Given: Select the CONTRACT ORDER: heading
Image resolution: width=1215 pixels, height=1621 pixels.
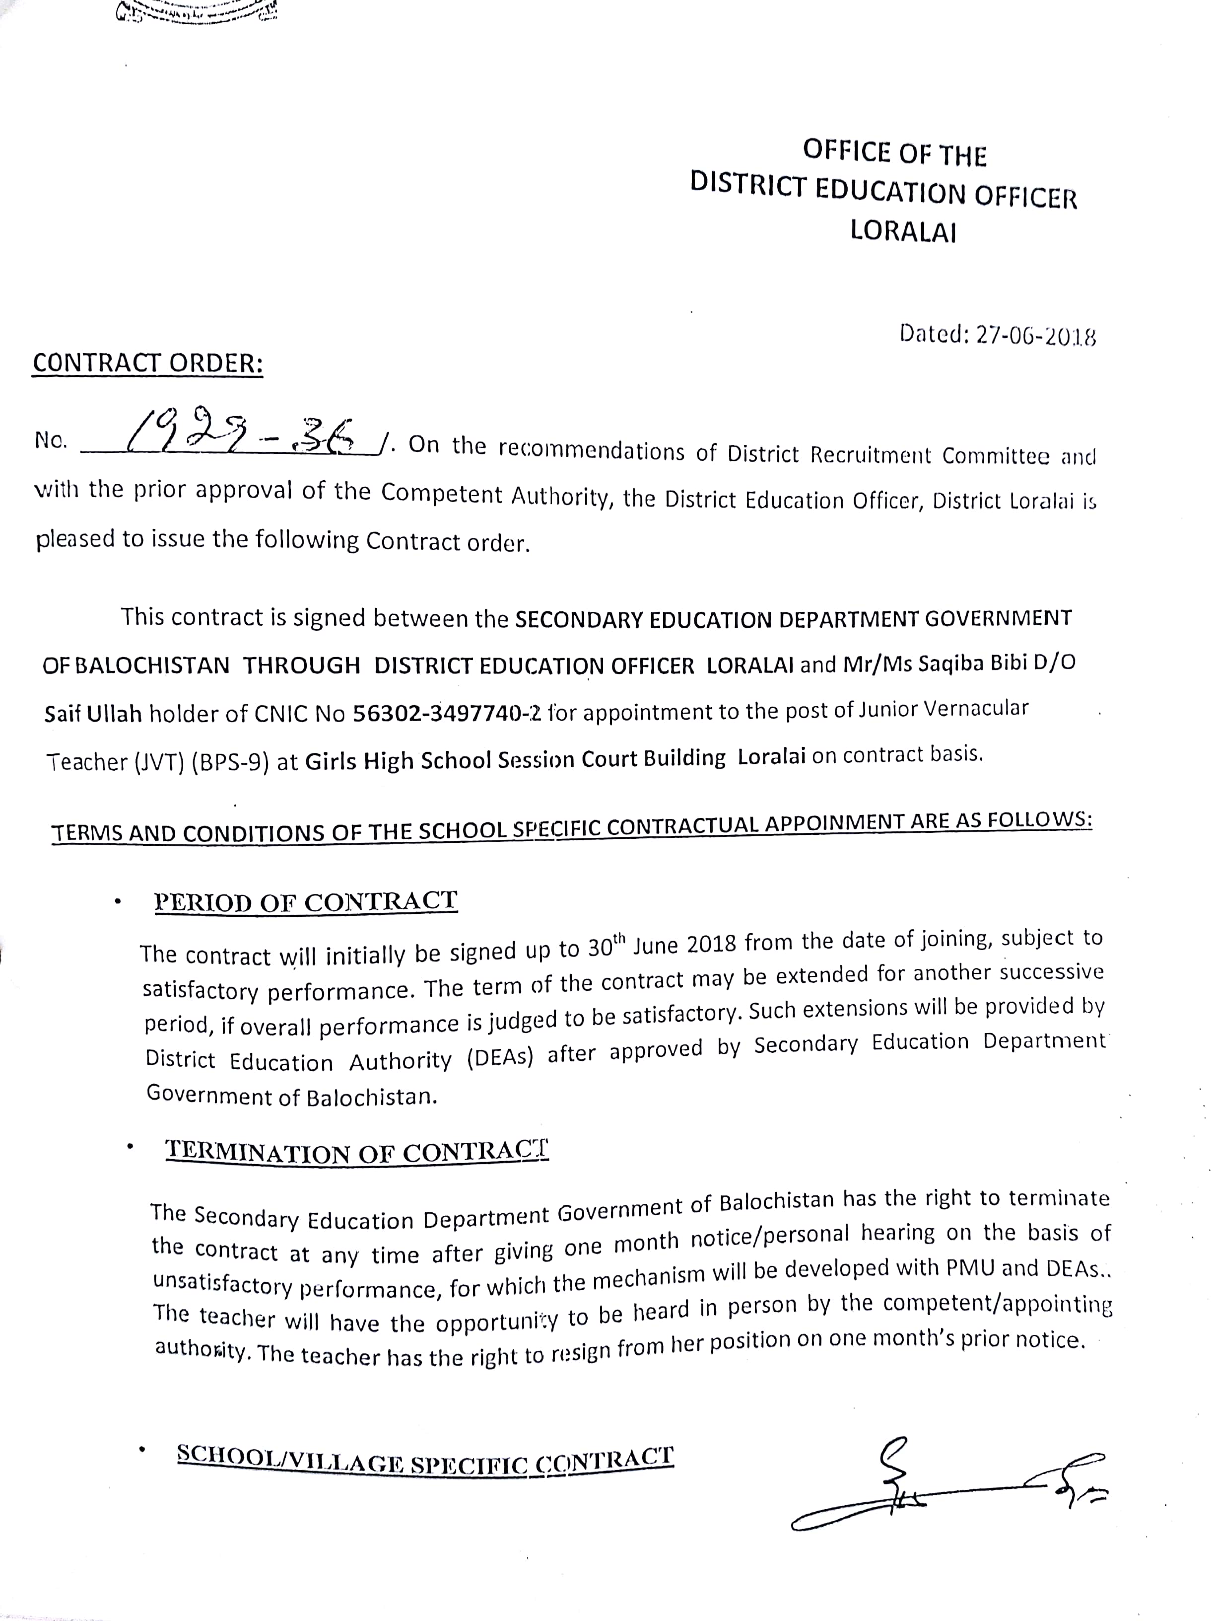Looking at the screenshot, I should [x=147, y=364].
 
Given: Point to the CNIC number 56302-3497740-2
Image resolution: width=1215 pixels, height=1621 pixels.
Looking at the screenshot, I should [x=447, y=713].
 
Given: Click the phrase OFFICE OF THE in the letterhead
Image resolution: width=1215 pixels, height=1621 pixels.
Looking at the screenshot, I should [x=894, y=152].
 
